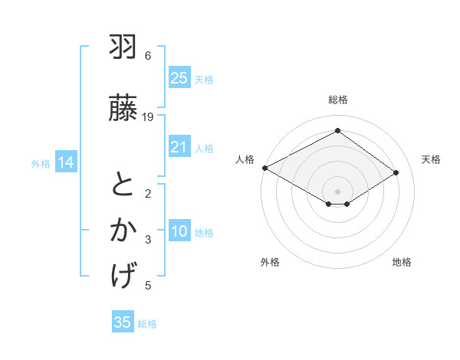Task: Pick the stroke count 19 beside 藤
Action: click(x=148, y=117)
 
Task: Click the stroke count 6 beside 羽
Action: click(x=148, y=56)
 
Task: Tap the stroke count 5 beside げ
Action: click(x=148, y=286)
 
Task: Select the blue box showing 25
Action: click(x=179, y=78)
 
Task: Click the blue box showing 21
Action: click(x=179, y=147)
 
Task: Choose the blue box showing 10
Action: click(x=179, y=232)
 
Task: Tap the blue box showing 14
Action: click(x=66, y=162)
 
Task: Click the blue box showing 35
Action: click(x=123, y=322)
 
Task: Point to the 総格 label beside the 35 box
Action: click(x=147, y=324)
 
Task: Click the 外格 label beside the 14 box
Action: click(x=41, y=163)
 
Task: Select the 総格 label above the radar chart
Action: click(x=337, y=100)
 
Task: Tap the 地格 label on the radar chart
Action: click(x=402, y=262)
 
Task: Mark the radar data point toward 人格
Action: click(x=264, y=167)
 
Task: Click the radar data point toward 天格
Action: click(x=396, y=172)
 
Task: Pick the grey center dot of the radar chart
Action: click(x=337, y=190)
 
